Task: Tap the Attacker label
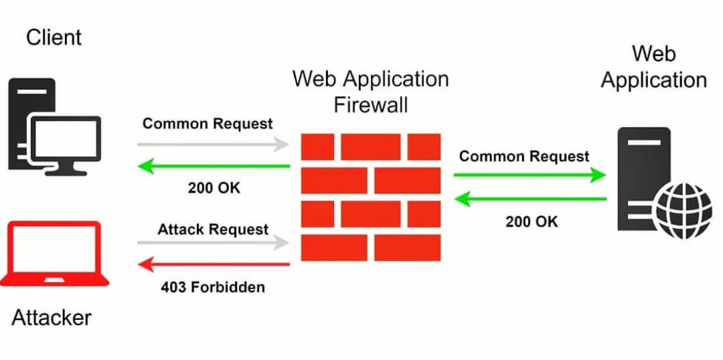pos(52,317)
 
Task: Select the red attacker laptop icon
pos(54,254)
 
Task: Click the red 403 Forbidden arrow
pos(214,264)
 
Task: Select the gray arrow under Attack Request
pos(214,242)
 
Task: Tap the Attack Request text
pos(213,230)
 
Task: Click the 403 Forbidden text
pos(213,287)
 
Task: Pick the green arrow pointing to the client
pos(214,166)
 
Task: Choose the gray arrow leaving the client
pos(214,144)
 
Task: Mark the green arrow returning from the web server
pos(530,199)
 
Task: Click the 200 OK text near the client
pos(214,188)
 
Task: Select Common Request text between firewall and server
pos(524,157)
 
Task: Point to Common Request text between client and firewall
pos(208,124)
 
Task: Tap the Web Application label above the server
pos(653,66)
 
